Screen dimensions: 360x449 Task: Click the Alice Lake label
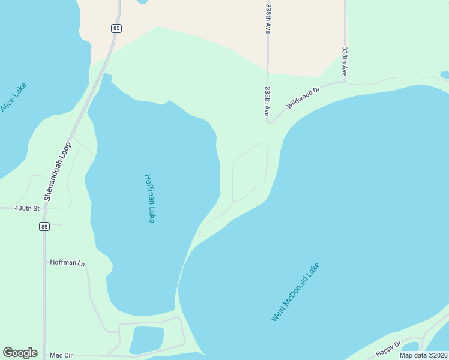13,97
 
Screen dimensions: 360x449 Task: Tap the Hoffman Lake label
150,199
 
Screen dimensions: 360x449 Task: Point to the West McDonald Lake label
295,292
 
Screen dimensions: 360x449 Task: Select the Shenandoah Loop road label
58,171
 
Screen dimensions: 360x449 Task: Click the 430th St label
26,208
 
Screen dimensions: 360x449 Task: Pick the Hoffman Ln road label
68,262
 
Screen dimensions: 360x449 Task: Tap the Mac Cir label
61,355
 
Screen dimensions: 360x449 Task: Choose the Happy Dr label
388,349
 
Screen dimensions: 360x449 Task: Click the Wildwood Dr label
304,97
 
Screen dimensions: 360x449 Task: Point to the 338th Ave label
345,61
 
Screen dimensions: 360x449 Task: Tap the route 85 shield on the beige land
116,28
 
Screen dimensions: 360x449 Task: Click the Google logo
20,353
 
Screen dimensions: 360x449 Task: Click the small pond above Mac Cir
146,340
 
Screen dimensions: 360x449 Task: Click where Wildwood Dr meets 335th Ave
268,122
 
